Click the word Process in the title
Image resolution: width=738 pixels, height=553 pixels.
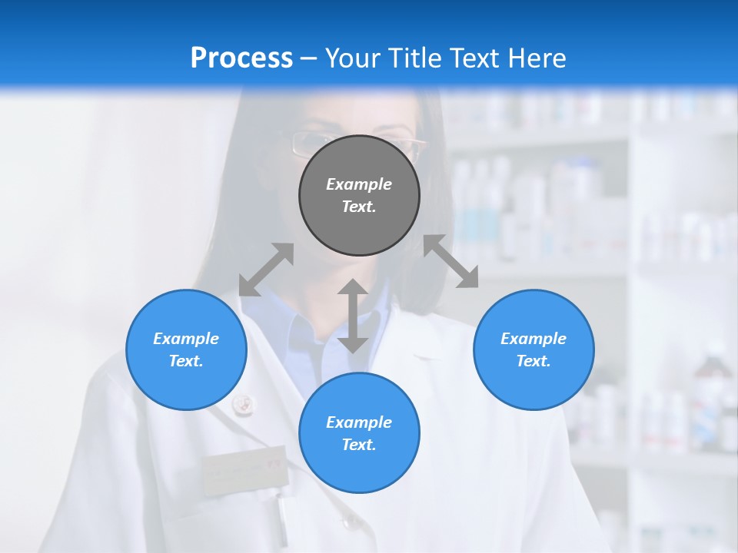pos(241,58)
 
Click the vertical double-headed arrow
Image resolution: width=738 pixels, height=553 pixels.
pos(353,316)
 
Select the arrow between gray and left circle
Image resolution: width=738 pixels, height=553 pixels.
pos(266,270)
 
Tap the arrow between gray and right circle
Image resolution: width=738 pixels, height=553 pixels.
pos(451,261)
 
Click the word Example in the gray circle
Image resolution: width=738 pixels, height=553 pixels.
pos(359,184)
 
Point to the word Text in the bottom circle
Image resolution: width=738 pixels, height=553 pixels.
pos(359,445)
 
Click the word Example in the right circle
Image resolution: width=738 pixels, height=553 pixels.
pos(534,339)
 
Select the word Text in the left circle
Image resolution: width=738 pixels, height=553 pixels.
pos(186,361)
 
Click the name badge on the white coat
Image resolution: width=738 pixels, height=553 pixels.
pos(244,469)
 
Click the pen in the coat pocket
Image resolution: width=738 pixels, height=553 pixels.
pos(281,518)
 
